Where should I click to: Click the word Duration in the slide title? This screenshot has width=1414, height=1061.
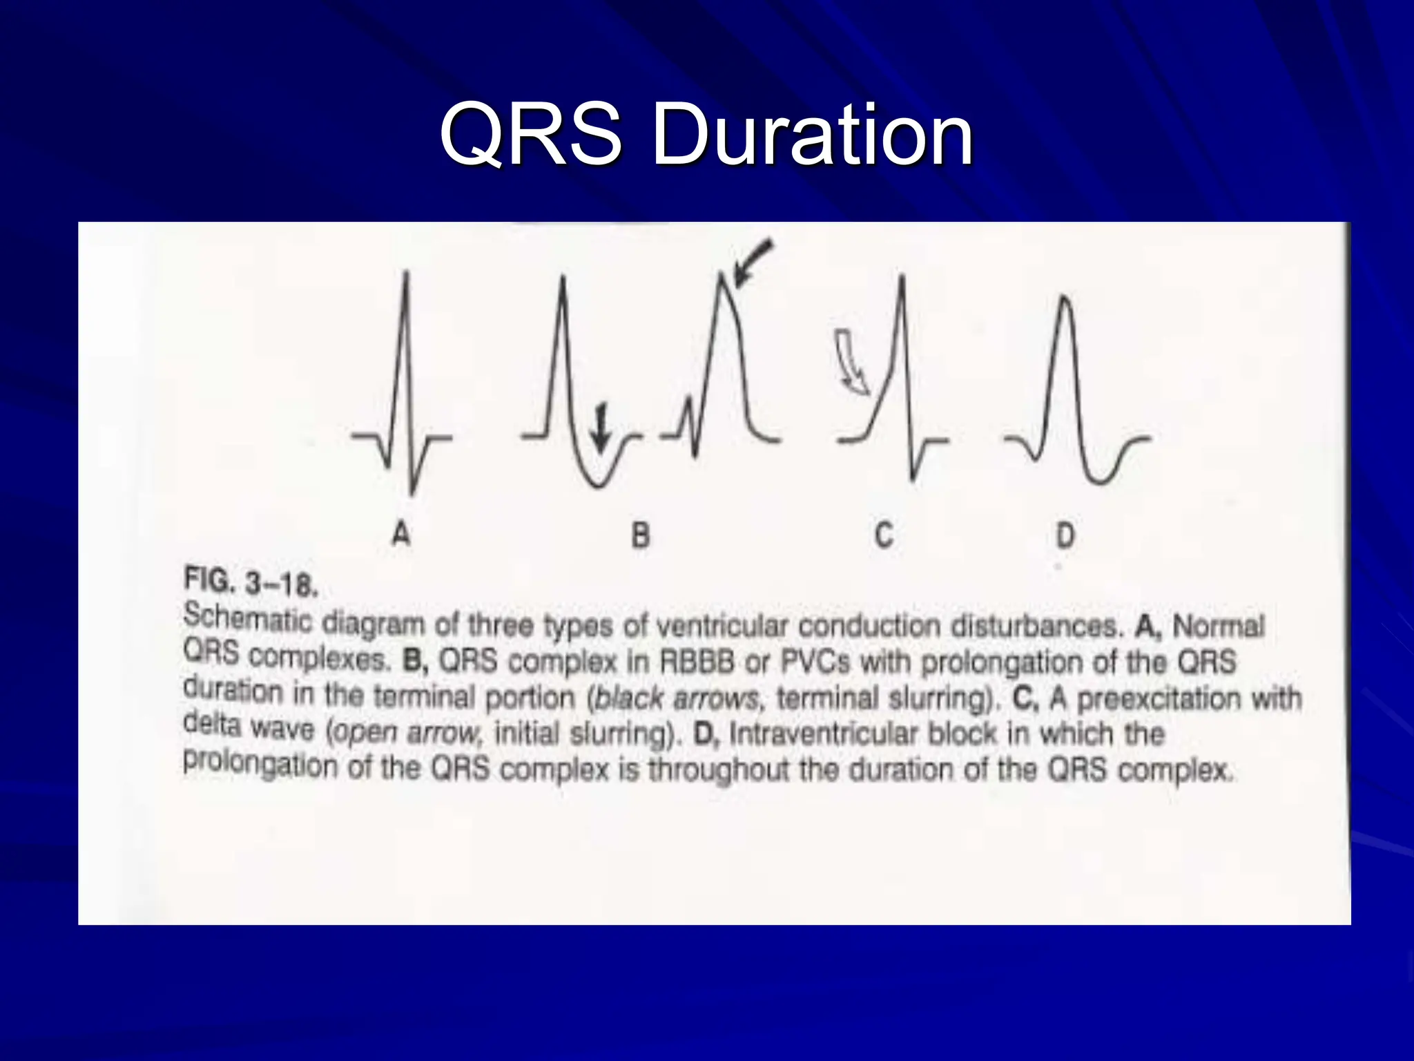click(812, 135)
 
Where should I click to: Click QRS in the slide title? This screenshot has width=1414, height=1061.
click(530, 135)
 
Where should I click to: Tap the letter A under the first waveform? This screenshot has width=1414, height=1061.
click(401, 534)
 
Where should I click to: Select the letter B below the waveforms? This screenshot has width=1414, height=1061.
click(641, 535)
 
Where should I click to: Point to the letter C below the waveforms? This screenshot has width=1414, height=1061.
click(884, 535)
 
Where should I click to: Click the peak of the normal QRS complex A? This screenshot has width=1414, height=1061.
click(407, 275)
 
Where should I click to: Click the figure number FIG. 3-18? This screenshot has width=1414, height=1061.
click(251, 582)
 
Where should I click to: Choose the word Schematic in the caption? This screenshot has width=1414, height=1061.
click(247, 618)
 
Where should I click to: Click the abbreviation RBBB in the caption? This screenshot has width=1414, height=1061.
click(697, 662)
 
